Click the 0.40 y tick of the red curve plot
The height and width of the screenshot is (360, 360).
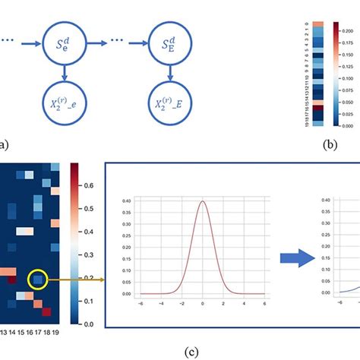(x=126, y=201)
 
